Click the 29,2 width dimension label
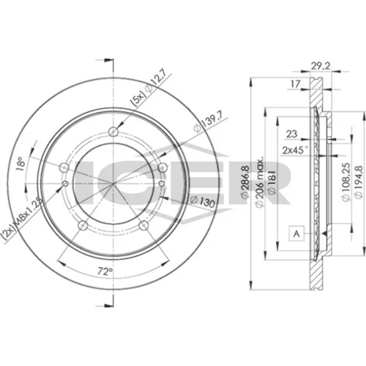pos(321,66)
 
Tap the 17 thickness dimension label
pos(295,84)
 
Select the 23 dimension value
pos(291,134)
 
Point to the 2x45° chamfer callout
pos(295,150)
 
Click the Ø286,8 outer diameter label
pos(244,182)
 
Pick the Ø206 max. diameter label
pos(260,182)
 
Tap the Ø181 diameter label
pos(272,182)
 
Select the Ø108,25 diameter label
pos(346,182)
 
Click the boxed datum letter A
pos(296,234)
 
